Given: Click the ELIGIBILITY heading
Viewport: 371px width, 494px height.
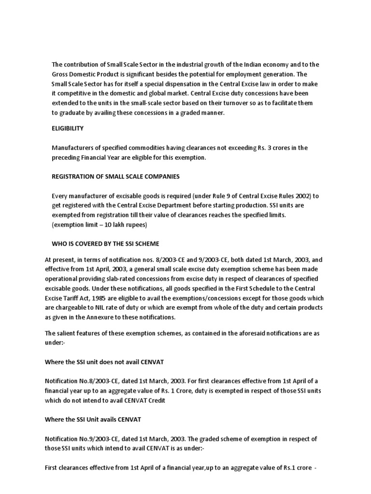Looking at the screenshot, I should pos(68,128).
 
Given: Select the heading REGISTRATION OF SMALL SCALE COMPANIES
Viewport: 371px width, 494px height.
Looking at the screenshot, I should pos(115,177).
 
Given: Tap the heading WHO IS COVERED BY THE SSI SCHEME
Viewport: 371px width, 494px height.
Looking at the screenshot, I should pos(105,244).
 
